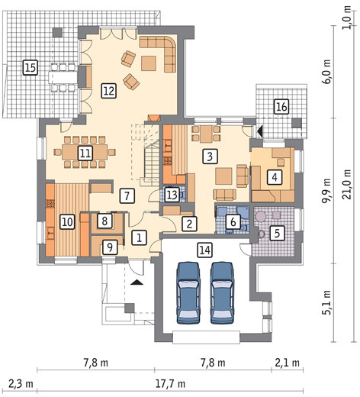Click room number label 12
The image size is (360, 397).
(109, 91)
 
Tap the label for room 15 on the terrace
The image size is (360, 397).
(31, 68)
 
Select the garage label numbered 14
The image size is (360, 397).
(205, 250)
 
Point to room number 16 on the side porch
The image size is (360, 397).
(281, 106)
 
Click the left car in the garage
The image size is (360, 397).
(188, 292)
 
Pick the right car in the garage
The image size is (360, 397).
(222, 292)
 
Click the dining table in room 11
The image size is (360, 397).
(85, 152)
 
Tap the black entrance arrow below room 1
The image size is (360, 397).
(137, 282)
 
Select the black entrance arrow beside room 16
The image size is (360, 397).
(260, 131)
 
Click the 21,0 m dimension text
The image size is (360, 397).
(347, 184)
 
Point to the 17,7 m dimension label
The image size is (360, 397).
(170, 383)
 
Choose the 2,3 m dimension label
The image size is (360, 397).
(21, 383)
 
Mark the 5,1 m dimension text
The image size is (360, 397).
(327, 302)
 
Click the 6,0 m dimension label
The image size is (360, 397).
(327, 72)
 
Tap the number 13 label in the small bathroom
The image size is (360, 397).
(172, 195)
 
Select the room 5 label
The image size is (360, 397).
(277, 233)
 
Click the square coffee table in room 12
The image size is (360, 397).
(149, 63)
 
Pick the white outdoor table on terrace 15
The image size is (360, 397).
(63, 77)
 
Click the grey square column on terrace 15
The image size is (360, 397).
(57, 32)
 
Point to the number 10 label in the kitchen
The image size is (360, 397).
(67, 222)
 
